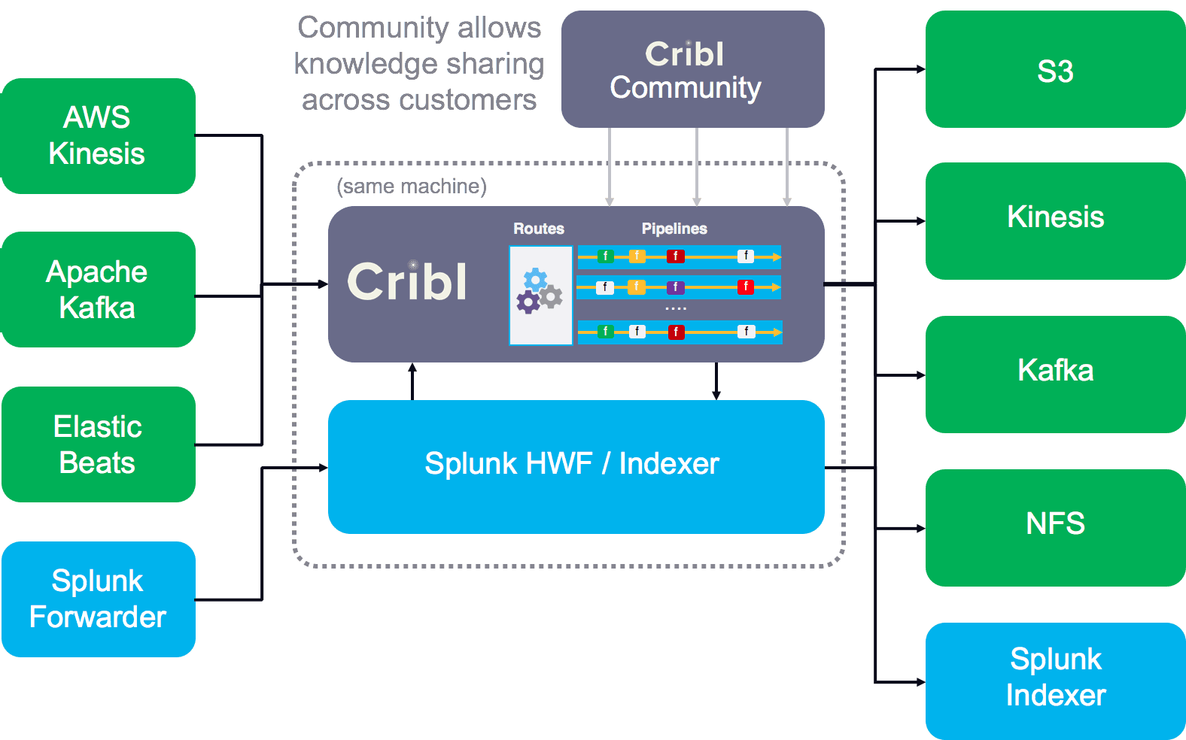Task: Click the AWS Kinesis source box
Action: [98, 136]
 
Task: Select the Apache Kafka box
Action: [98, 290]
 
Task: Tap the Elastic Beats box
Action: [98, 444]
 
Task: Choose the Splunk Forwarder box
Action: [98, 599]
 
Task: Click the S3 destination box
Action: [1055, 70]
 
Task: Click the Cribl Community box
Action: [692, 69]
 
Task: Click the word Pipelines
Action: [674, 229]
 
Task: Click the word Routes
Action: [539, 229]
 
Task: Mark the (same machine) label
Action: [412, 186]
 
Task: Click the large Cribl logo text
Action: [407, 283]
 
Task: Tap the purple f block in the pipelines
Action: [675, 287]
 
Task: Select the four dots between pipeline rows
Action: [676, 308]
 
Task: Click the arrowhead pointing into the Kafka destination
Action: [920, 375]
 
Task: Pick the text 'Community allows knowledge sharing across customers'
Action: [419, 65]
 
